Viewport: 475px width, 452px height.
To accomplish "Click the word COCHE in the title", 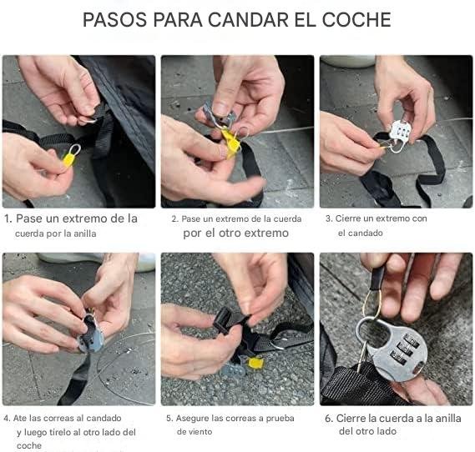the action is click(356, 20).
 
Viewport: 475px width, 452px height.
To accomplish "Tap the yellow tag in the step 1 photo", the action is click(69, 159).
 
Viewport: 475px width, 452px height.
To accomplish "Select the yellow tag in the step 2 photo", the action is click(231, 143).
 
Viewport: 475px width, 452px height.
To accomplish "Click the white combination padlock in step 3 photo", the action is click(400, 133).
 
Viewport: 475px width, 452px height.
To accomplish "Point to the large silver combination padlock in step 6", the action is click(393, 348).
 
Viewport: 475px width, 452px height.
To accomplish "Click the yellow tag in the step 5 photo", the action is click(255, 364).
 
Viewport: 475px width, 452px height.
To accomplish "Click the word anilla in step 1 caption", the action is click(85, 234).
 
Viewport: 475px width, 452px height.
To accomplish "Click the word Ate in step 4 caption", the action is click(20, 418).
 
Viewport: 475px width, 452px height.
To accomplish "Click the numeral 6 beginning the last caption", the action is click(328, 419).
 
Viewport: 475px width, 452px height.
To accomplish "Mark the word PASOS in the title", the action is click(115, 20).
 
